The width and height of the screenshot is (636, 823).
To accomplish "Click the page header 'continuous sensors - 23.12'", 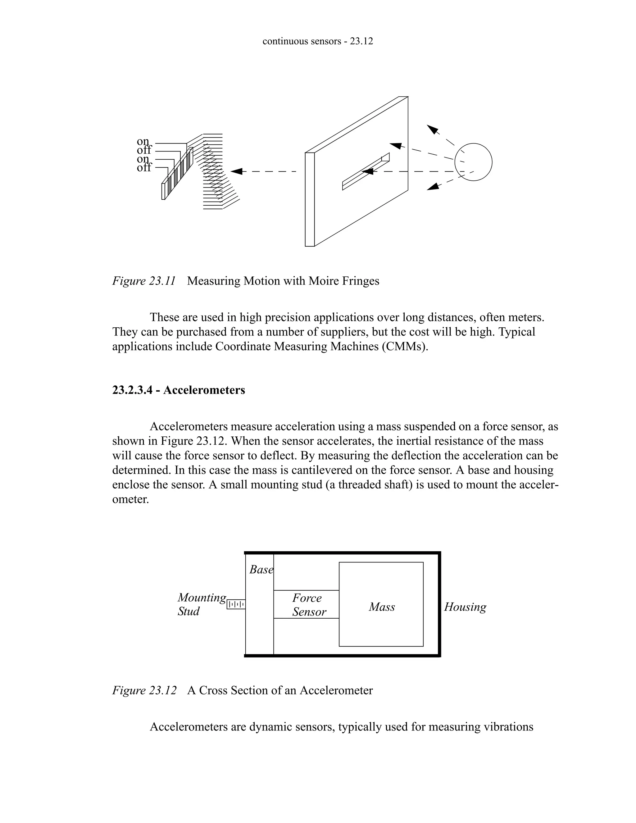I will point(318,41).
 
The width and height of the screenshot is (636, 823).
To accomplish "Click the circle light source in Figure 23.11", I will point(473,162).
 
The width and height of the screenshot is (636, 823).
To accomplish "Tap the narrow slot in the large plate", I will point(366,172).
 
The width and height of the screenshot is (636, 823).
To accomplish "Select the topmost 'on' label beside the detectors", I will point(143,141).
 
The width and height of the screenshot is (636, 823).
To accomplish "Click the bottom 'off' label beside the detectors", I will point(144,168).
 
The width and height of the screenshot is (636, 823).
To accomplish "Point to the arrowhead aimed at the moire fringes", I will point(236,171).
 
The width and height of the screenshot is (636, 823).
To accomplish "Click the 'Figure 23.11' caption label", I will point(144,281).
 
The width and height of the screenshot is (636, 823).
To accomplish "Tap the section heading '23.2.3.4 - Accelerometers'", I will point(179,390).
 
